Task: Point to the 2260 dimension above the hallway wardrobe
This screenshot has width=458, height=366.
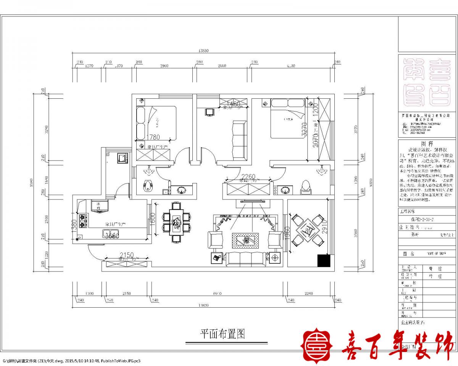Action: [x=248, y=177]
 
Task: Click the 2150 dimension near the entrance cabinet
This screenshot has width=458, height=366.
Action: [x=126, y=255]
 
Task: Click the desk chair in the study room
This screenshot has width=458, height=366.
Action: [x=209, y=111]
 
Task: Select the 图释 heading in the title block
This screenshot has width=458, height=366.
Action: [x=427, y=144]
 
